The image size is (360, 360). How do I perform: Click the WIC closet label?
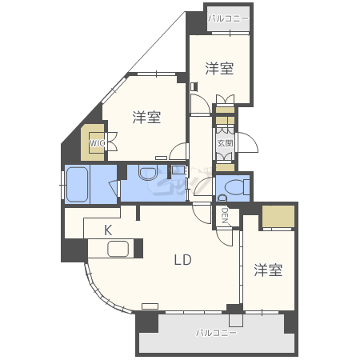tap(97, 143)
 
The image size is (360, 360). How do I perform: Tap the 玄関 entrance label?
tap(226, 143)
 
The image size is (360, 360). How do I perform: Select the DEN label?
tap(225, 216)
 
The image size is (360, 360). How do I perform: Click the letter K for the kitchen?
tap(108, 230)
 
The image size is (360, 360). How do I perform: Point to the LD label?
tap(183, 260)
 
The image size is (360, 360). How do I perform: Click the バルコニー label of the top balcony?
tap(228, 18)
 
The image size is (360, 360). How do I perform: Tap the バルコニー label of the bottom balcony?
tap(216, 333)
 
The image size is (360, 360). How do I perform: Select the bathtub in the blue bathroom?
tap(77, 185)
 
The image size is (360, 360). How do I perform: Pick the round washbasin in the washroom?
tap(147, 173)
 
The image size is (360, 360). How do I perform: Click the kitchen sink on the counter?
tap(118, 249)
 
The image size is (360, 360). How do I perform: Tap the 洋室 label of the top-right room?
tap(219, 69)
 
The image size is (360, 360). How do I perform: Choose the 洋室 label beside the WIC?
tap(147, 117)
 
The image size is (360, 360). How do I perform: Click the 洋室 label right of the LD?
tap(268, 270)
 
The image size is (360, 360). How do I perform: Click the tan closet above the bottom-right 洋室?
tap(278, 216)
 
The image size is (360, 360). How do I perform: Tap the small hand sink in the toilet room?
tap(222, 198)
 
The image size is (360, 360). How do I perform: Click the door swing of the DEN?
tap(223, 238)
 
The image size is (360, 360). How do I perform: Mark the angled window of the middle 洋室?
tap(114, 90)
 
